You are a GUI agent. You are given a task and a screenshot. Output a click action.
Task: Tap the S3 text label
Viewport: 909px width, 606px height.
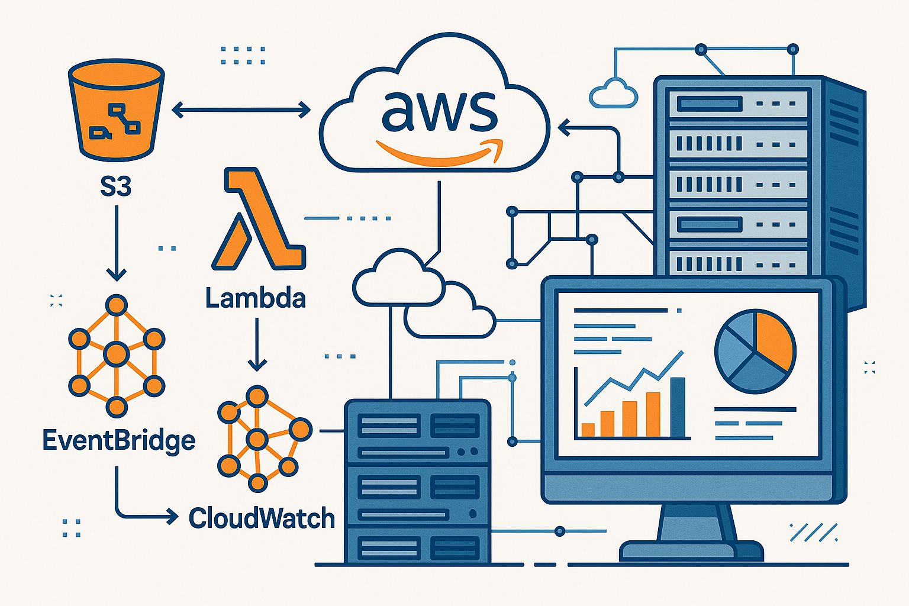tap(115, 187)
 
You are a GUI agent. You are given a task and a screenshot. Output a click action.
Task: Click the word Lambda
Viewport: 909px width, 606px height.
tap(256, 298)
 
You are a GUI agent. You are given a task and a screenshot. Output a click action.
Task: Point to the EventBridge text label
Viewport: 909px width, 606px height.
tap(118, 441)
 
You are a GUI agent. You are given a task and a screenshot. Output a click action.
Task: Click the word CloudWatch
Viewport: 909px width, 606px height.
tap(262, 518)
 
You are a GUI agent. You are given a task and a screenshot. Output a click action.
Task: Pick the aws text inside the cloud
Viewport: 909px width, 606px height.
tap(439, 112)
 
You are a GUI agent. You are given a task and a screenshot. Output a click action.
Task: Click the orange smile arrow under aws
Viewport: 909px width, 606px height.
tap(440, 152)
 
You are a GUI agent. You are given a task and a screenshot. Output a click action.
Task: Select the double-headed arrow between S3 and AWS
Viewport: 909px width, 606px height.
tap(241, 109)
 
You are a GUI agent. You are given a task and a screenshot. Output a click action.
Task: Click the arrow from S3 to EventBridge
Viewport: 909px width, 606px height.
tap(116, 243)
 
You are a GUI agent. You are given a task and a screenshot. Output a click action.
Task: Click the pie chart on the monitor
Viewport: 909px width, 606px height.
tap(755, 352)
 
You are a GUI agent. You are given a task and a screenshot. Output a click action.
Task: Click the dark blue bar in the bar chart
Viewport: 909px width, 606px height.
tap(678, 407)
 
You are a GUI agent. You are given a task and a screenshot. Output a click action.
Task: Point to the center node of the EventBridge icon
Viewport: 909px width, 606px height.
tap(116, 355)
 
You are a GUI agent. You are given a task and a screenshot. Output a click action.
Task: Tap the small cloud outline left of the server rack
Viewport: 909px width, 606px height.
tap(614, 94)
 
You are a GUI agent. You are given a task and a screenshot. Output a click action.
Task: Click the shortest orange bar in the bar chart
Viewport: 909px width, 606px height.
tap(588, 430)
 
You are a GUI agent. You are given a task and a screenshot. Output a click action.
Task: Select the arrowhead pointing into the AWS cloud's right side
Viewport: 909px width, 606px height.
tap(564, 127)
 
